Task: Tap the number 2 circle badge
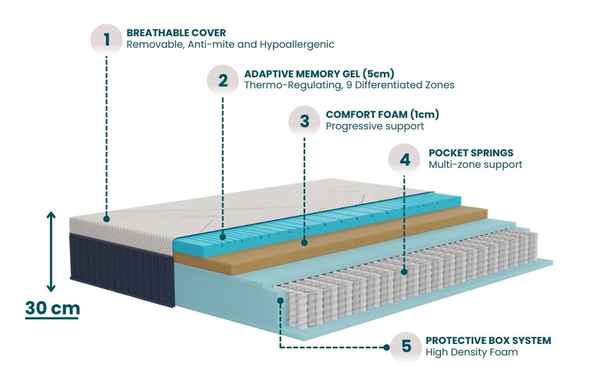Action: coord(222,80)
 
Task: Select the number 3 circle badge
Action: coord(305,121)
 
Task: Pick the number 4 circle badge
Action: coord(405,159)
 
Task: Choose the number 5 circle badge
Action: coord(406,346)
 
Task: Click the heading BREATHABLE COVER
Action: coord(176,33)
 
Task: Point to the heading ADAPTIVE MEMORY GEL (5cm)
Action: coord(320,74)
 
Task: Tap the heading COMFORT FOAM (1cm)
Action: coord(382,115)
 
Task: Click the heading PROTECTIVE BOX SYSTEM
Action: coord(488,341)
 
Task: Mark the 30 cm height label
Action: coord(53,308)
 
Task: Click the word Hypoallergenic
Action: coord(300,44)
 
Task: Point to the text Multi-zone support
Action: coord(475,164)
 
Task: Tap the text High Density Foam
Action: coord(472,352)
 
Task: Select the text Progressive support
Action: coord(374,126)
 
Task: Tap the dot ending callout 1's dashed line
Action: coord(107,219)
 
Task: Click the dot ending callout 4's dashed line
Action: coord(404,272)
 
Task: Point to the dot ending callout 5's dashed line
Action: coord(281,300)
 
